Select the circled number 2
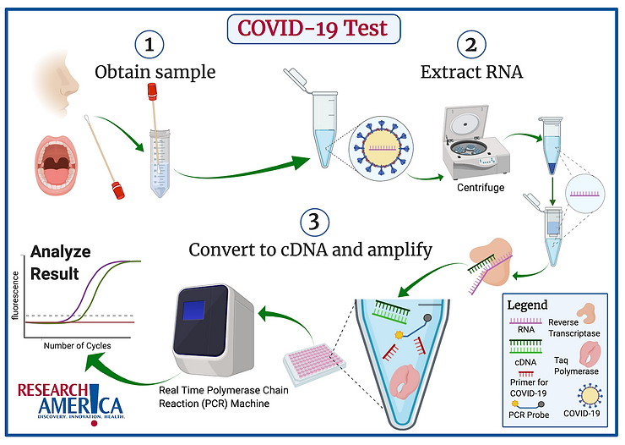tap(470, 45)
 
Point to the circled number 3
tap(311, 222)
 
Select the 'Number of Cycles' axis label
tap(78, 345)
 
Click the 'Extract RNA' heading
tap(470, 72)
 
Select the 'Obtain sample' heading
tap(155, 72)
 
